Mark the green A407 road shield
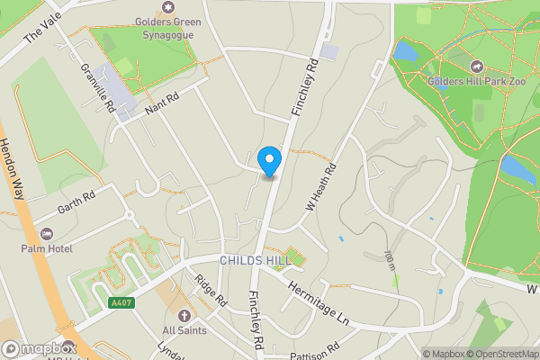point(121,302)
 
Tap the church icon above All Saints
point(184,315)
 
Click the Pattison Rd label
point(314,347)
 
